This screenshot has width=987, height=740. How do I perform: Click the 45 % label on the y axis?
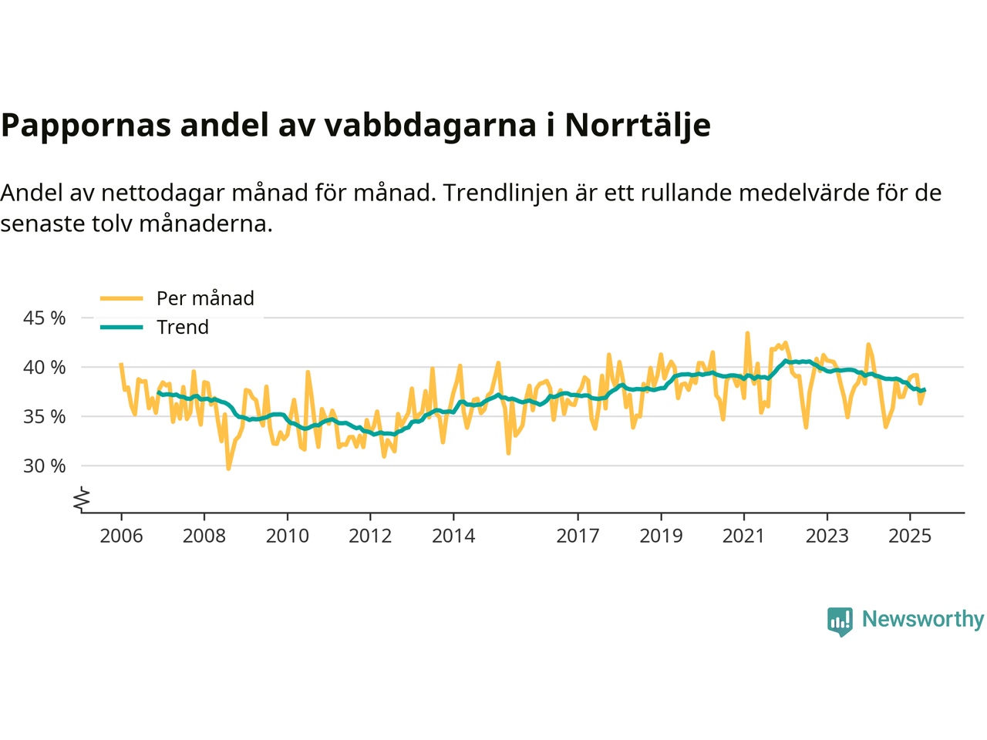coord(45,318)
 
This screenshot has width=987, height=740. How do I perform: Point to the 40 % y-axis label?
coord(45,367)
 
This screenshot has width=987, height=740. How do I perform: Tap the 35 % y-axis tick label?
coord(45,416)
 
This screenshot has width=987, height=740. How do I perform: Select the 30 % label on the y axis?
coord(45,466)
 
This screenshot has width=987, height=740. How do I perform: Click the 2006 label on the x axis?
coord(121,536)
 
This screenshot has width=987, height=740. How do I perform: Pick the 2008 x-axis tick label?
coord(204,536)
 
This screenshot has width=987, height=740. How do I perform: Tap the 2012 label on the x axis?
coord(370,536)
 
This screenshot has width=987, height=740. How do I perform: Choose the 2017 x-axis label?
coord(578,536)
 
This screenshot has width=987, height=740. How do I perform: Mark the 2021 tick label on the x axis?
coord(743,536)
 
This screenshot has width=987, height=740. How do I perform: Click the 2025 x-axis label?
coord(910,536)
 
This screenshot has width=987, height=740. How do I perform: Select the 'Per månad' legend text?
coord(205,298)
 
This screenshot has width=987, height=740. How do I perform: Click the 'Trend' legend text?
coord(183,327)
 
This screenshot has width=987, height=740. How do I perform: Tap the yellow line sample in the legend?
coord(122,298)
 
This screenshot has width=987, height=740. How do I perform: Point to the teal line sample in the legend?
coord(122,327)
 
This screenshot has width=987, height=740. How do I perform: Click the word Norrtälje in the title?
coord(637,125)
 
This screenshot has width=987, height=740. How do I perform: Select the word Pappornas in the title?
coord(86,125)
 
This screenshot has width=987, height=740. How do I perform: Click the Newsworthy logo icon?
coord(840,621)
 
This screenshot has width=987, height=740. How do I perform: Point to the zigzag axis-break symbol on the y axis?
coord(82,499)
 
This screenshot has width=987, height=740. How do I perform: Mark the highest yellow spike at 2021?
coord(747,334)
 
